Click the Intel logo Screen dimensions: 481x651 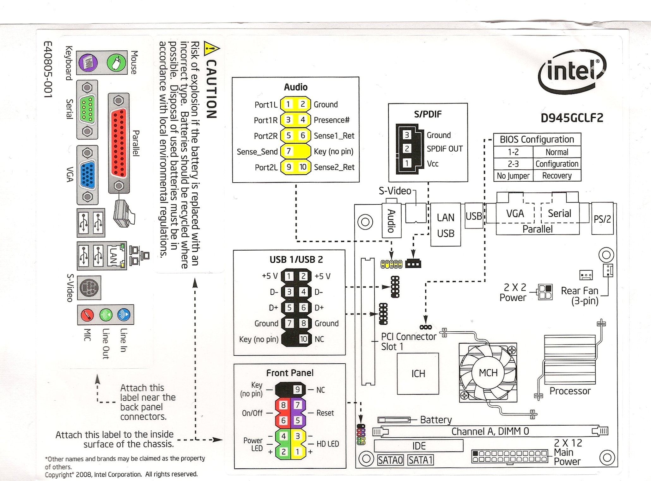point(572,71)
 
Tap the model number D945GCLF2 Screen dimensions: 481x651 point(572,118)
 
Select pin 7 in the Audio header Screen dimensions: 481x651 point(289,151)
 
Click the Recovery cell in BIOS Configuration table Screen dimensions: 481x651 point(557,176)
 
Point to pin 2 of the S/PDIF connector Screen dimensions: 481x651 point(407,149)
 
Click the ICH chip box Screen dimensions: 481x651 point(418,374)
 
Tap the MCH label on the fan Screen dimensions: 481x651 point(488,373)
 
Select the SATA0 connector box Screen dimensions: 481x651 point(390,460)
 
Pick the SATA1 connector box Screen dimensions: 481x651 point(420,460)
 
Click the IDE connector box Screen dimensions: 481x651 point(418,446)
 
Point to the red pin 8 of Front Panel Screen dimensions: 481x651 point(283,405)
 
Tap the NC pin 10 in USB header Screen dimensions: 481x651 point(303,339)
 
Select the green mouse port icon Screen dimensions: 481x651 point(116,62)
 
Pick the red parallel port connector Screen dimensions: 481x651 point(119,143)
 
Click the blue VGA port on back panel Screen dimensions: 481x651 point(88,175)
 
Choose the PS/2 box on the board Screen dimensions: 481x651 point(602,219)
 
